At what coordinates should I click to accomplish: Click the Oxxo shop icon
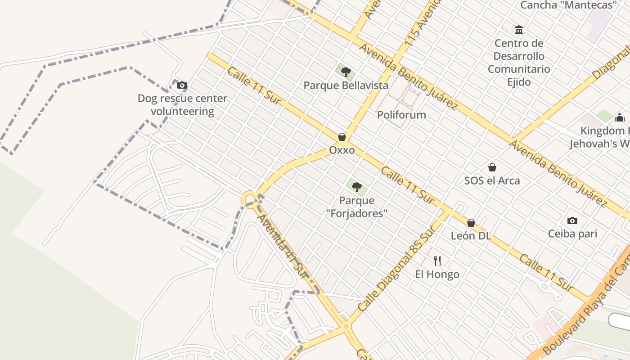(x=342, y=137)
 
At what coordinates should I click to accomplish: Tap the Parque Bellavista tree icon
(x=346, y=72)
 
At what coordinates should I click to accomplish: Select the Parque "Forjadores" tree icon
(x=356, y=187)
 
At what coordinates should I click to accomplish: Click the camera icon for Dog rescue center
(x=182, y=85)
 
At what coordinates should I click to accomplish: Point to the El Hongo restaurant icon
(x=437, y=261)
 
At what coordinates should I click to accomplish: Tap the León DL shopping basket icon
(x=471, y=223)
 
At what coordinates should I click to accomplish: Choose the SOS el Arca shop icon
(x=492, y=167)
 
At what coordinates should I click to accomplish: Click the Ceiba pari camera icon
(x=572, y=220)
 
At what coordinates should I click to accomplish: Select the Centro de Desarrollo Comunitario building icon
(x=519, y=30)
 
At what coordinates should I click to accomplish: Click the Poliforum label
(x=401, y=115)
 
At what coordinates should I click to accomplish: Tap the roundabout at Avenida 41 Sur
(x=249, y=198)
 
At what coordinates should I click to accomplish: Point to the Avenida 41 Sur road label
(x=283, y=246)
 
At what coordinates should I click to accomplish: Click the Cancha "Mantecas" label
(x=568, y=5)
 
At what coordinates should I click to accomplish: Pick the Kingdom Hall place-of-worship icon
(x=619, y=117)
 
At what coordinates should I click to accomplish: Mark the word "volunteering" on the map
(x=182, y=112)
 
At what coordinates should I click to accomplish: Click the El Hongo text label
(x=437, y=274)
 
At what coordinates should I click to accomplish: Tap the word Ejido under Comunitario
(x=519, y=82)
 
